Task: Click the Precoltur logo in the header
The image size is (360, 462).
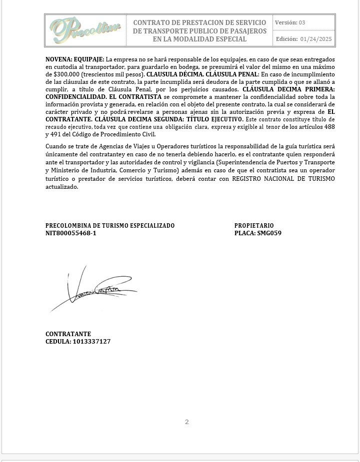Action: pyautogui.click(x=85, y=30)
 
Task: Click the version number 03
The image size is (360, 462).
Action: pyautogui.click(x=302, y=22)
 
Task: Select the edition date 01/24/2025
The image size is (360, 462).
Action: pyautogui.click(x=316, y=39)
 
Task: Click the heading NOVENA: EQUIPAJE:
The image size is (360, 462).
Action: pyautogui.click(x=75, y=59)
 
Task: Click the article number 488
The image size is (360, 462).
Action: pyautogui.click(x=329, y=127)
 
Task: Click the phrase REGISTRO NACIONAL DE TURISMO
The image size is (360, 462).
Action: pyautogui.click(x=283, y=179)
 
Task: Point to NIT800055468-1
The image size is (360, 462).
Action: pyautogui.click(x=71, y=233)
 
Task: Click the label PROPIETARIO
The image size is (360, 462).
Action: pyautogui.click(x=254, y=226)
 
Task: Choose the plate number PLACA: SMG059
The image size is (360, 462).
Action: pyautogui.click(x=258, y=233)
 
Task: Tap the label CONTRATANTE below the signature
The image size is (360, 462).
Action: pyautogui.click(x=68, y=334)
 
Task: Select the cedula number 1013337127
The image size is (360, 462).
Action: pyautogui.click(x=91, y=342)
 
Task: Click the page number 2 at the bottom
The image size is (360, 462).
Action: pyautogui.click(x=187, y=422)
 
